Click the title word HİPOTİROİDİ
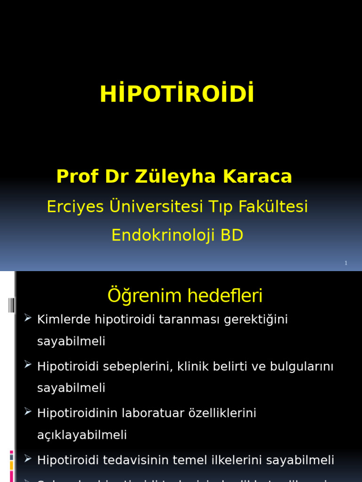click(177, 94)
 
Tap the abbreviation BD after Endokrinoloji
click(230, 235)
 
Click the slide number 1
click(346, 263)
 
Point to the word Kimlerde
click(64, 320)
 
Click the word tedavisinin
click(134, 460)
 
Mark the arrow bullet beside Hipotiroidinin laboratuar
click(27, 412)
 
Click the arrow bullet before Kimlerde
click(27, 318)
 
